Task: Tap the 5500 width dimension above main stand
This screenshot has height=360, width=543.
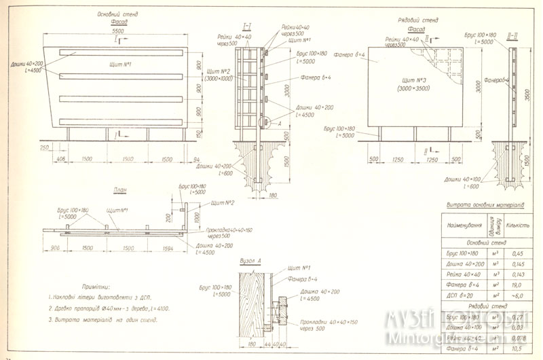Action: pos(118,32)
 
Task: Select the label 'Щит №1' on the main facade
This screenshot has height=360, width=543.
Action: pos(119,64)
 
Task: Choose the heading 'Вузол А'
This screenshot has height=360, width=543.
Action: pos(250,260)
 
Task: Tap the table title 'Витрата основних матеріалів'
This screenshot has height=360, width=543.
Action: pos(485,204)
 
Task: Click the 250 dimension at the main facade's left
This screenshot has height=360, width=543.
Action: pos(45,147)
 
